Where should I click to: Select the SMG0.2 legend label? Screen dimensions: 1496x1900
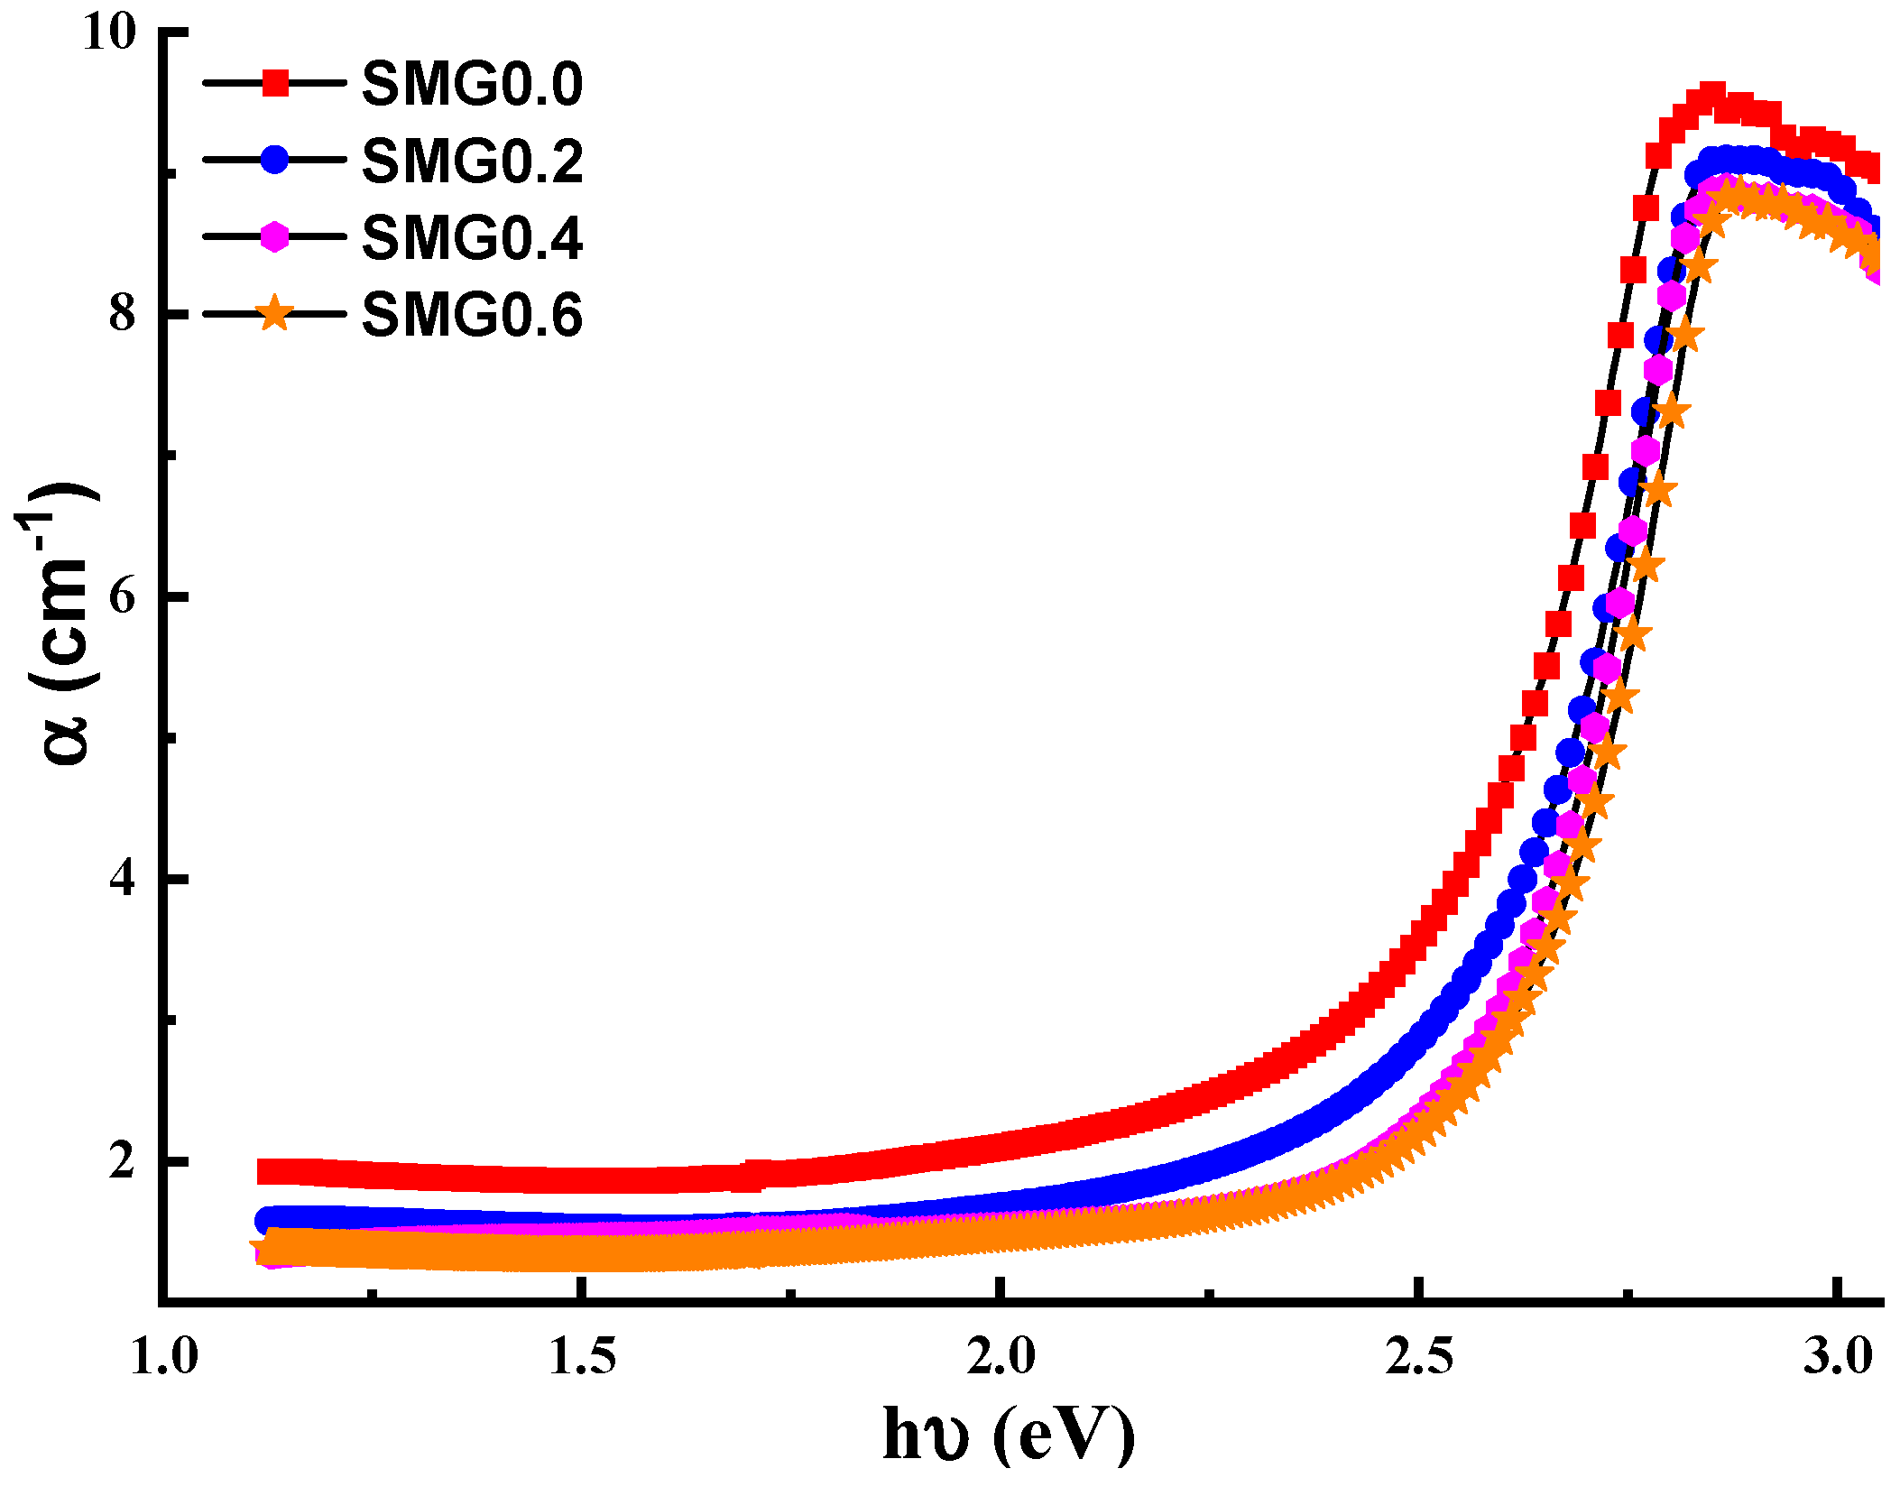pos(472,162)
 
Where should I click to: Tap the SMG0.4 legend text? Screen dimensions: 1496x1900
pos(472,238)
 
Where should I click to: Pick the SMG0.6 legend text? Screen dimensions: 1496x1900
pos(472,316)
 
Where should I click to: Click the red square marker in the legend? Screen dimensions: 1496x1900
pos(275,83)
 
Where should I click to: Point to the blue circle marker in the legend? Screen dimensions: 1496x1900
pos(275,160)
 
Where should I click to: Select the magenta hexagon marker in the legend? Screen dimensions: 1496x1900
pos(275,237)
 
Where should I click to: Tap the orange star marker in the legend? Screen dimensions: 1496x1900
pos(275,314)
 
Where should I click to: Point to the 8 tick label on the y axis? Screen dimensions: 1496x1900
pos(122,314)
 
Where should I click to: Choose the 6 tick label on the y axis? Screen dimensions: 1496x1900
pos(122,596)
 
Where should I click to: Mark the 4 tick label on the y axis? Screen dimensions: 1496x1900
pos(122,878)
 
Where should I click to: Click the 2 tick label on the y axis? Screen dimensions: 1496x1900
pos(122,1160)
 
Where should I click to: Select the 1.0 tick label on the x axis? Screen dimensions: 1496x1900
pos(164,1357)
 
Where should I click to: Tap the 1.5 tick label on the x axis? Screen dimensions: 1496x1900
pos(583,1357)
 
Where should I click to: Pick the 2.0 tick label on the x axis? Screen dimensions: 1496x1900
pos(1001,1357)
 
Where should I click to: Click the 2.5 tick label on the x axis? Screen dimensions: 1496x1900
pos(1420,1357)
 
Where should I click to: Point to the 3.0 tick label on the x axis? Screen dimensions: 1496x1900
pos(1839,1357)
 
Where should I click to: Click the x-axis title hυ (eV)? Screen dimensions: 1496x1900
pos(1009,1435)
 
